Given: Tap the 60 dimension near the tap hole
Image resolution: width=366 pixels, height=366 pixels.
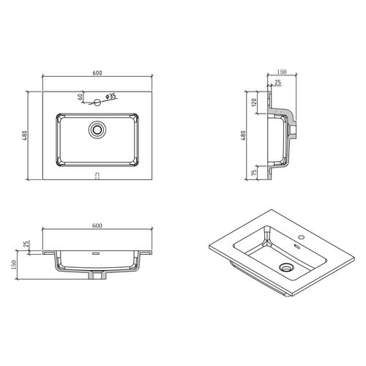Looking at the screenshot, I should pyautogui.click(x=80, y=97).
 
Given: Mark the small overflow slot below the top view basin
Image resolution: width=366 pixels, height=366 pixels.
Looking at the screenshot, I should pyautogui.click(x=97, y=175).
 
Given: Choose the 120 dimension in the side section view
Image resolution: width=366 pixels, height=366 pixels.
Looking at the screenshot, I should pyautogui.click(x=254, y=102).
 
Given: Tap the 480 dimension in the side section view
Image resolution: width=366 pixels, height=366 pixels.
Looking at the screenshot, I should pyautogui.click(x=243, y=137).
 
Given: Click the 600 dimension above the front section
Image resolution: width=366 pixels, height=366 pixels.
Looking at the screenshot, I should pyautogui.click(x=96, y=226).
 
